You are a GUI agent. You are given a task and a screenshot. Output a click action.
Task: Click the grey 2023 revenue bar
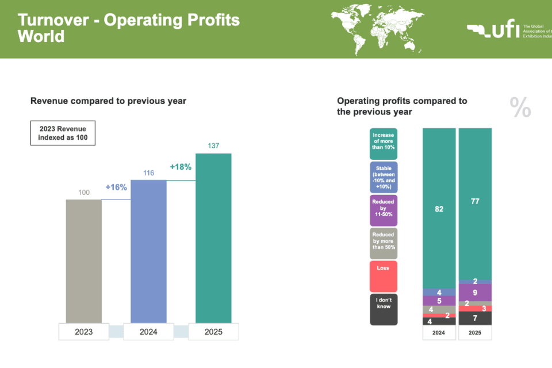click(x=84, y=261)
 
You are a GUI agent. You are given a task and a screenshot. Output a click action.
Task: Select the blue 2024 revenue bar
click(x=149, y=251)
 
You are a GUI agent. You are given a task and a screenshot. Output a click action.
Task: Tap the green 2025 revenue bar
click(x=214, y=238)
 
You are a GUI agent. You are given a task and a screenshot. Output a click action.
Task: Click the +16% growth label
click(x=116, y=187)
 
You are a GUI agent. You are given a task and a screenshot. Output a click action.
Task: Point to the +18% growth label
click(x=181, y=167)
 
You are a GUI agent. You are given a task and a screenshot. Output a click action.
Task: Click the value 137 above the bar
click(x=214, y=146)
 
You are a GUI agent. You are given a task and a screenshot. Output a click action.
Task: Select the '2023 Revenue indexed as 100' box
click(x=63, y=133)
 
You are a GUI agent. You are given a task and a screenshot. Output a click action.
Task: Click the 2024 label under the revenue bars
click(x=149, y=332)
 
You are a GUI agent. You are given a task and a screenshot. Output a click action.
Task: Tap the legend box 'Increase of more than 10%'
click(x=384, y=144)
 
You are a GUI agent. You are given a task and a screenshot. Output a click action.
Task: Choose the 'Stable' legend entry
click(x=384, y=177)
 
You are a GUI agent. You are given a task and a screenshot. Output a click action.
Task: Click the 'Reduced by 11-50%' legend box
click(x=384, y=210)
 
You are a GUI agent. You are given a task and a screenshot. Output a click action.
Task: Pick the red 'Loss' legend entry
click(x=384, y=277)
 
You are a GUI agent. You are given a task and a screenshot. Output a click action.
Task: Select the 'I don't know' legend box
click(x=384, y=309)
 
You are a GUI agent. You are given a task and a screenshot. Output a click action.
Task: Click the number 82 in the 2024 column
click(x=439, y=209)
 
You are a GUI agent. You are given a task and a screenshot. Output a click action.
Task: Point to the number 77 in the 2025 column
click(x=476, y=202)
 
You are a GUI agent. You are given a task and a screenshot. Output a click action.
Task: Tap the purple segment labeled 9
click(x=476, y=292)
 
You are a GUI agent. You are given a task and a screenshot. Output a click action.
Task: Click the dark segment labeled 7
click(x=476, y=318)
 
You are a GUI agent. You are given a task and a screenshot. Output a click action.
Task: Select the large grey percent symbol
click(x=520, y=108)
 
